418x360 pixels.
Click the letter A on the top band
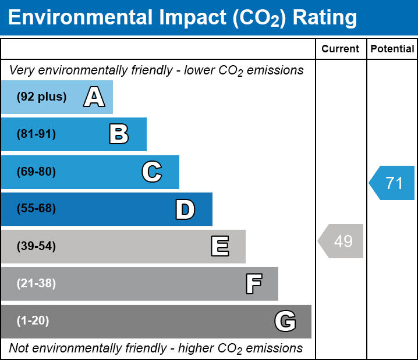click(x=94, y=97)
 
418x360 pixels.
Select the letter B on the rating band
click(x=119, y=134)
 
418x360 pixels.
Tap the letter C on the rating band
click(x=151, y=172)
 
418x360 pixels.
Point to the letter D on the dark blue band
click(x=185, y=209)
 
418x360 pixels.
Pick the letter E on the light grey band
click(x=219, y=247)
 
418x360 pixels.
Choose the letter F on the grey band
click(x=253, y=284)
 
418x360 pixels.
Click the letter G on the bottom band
click(x=285, y=321)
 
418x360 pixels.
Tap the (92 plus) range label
click(x=41, y=97)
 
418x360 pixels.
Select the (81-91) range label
click(x=36, y=134)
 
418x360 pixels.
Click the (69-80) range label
click(x=36, y=172)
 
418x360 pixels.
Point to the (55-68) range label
click(x=36, y=209)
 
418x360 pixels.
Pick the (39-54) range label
click(x=36, y=247)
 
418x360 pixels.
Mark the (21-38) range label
click(x=36, y=284)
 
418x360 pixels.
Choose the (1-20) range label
click(x=33, y=321)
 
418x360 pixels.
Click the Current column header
click(x=341, y=49)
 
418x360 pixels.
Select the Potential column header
click(x=392, y=49)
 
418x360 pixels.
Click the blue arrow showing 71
click(x=392, y=183)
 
